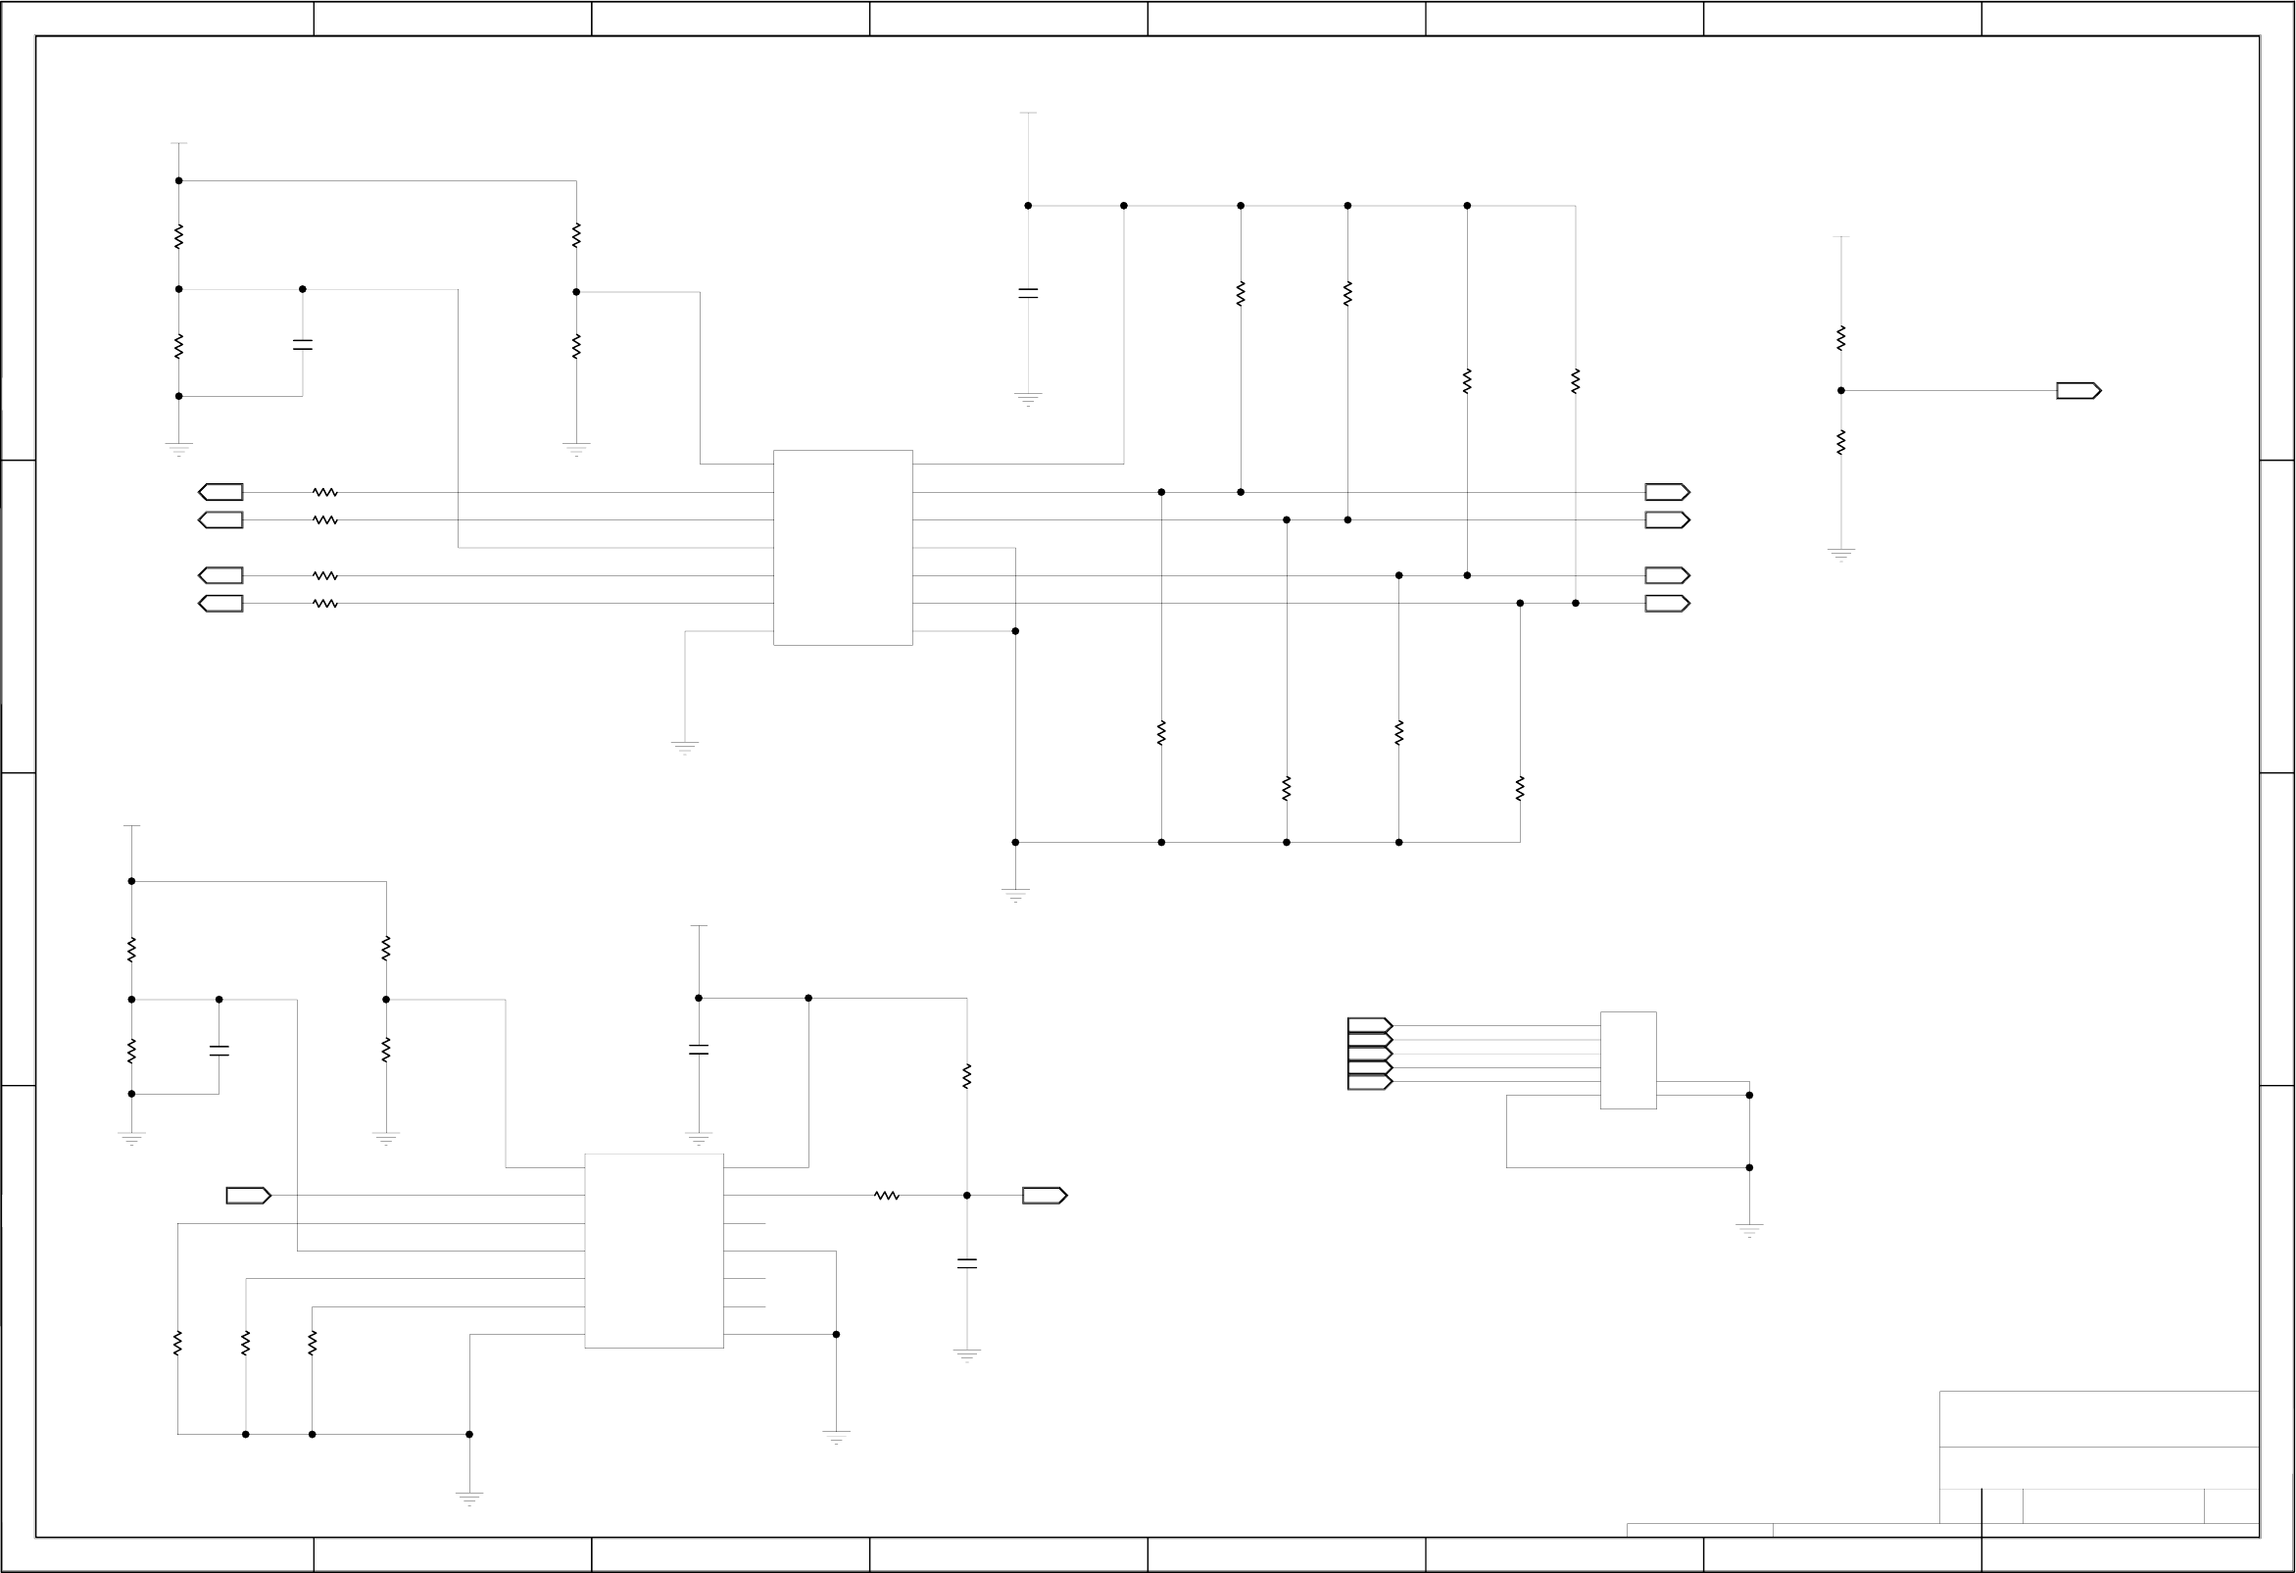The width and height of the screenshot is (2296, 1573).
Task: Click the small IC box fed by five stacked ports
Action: tap(1627, 1060)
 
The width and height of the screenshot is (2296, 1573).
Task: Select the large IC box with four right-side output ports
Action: tap(843, 548)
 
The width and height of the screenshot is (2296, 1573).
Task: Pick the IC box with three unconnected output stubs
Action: tap(654, 1251)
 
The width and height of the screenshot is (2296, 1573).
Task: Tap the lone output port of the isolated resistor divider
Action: tap(2077, 391)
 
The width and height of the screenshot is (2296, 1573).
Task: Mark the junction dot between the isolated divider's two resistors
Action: tap(1840, 391)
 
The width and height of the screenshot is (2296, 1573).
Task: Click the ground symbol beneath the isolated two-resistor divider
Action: tap(1840, 555)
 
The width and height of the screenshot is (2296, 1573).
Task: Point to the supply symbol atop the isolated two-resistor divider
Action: tap(1840, 237)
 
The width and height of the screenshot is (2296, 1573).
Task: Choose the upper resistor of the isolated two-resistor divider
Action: tap(1840, 338)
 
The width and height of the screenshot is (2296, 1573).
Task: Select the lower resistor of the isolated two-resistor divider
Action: tap(1840, 443)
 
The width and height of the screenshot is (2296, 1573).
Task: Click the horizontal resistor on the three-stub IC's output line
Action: tap(886, 1196)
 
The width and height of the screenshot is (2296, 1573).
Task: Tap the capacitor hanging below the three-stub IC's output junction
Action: tap(967, 1263)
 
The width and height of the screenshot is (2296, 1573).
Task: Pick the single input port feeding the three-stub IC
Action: tap(248, 1196)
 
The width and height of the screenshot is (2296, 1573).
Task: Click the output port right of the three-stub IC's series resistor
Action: tap(1045, 1196)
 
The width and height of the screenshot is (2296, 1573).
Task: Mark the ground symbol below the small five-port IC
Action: tap(1748, 1230)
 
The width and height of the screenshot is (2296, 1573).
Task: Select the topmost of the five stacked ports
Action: tap(1369, 1025)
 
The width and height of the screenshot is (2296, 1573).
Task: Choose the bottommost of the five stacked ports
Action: tap(1369, 1083)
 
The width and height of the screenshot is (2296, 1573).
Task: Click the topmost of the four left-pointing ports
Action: tap(221, 492)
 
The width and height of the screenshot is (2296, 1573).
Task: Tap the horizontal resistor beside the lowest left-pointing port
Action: tap(325, 604)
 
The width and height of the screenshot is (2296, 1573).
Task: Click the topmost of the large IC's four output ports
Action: tap(1667, 492)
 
